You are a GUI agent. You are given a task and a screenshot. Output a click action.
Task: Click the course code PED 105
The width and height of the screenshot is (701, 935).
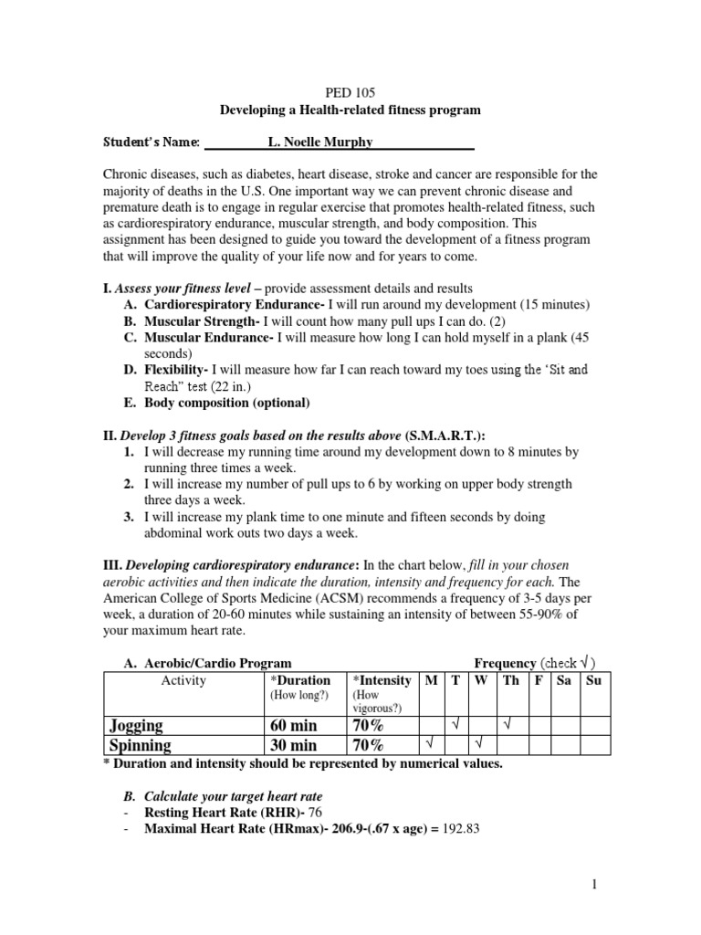coord(350,92)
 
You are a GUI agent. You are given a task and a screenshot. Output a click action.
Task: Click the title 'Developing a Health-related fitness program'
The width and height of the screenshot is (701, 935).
coord(350,110)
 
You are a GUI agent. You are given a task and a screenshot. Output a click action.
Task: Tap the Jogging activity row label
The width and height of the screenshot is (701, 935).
coord(137,725)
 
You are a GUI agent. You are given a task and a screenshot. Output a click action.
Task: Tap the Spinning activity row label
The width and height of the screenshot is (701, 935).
coord(141,745)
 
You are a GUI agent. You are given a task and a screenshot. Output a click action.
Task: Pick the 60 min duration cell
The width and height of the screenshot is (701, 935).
coord(291,725)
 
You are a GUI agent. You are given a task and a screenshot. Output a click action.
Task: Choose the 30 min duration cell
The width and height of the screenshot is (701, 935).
coord(291,745)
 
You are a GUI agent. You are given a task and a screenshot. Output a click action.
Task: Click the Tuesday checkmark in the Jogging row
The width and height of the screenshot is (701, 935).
coord(454,724)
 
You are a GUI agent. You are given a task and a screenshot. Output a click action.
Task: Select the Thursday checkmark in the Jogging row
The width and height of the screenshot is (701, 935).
coord(509,724)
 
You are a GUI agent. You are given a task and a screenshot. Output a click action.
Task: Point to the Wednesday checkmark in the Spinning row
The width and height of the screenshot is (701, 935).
coord(479,744)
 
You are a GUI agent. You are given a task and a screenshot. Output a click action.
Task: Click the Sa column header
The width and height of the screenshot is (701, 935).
coord(564,681)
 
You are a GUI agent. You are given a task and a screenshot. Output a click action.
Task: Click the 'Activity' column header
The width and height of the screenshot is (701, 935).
coord(183,681)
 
